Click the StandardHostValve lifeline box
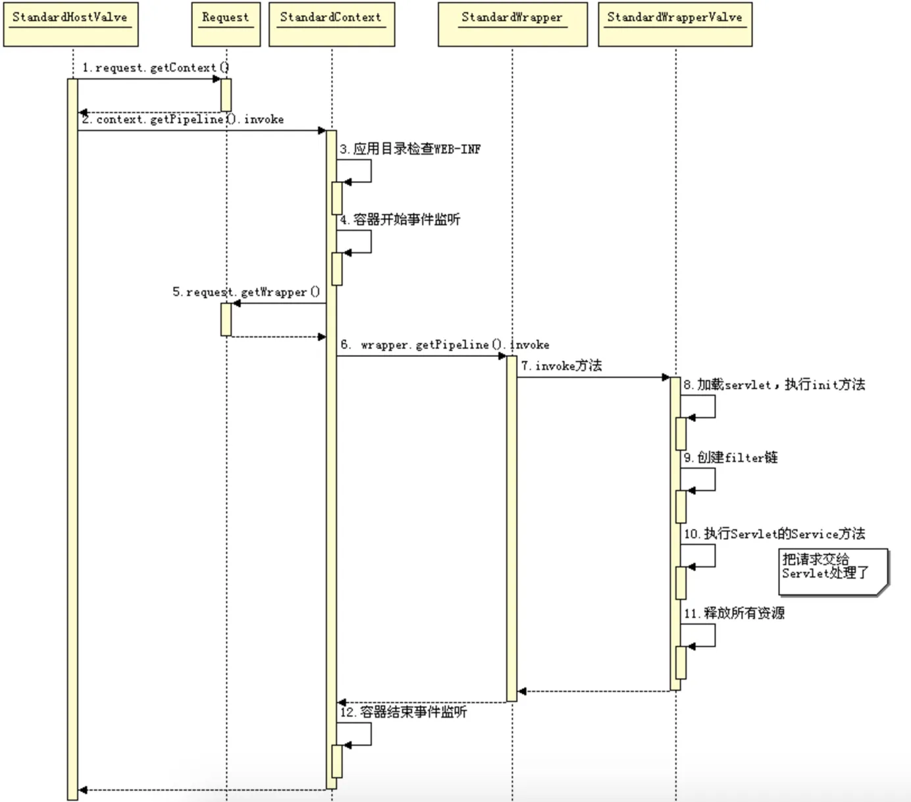[x=70, y=25]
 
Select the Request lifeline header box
[x=226, y=25]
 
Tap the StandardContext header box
[x=331, y=25]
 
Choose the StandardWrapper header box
[x=512, y=25]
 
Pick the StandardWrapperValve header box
[x=675, y=25]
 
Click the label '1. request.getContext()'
[x=155, y=68]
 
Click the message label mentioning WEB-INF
[x=410, y=149]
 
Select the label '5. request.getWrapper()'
[x=246, y=292]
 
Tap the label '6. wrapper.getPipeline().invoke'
[x=445, y=344]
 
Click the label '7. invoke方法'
[x=561, y=365]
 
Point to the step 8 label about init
[x=774, y=385]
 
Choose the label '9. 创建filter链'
[x=731, y=457]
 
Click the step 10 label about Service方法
[x=774, y=533]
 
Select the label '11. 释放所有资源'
[x=734, y=613]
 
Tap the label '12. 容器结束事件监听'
[x=403, y=712]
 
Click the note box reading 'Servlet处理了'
[x=833, y=571]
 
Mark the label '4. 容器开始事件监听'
[x=400, y=219]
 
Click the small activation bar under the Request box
[x=226, y=95]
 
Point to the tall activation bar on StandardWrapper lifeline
[x=511, y=527]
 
